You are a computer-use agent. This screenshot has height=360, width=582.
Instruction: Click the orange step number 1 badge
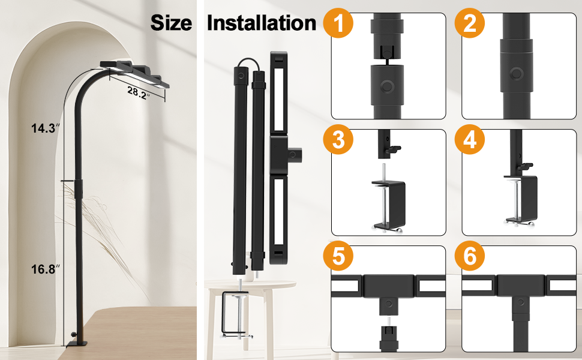338,23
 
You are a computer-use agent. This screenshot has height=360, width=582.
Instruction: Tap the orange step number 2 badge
470,23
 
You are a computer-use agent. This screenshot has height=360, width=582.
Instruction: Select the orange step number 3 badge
338,140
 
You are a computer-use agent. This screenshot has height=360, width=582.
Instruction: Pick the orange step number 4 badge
470,140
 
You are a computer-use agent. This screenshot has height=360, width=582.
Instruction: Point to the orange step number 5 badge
338,256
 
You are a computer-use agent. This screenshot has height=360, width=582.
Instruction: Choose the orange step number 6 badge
470,256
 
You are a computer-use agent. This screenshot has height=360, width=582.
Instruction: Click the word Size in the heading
171,23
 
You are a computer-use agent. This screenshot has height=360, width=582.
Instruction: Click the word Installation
262,23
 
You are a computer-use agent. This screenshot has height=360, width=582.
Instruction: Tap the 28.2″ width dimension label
138,93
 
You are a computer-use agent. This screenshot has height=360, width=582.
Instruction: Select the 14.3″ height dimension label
45,128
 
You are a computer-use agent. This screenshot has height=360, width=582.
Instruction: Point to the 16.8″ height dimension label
45,269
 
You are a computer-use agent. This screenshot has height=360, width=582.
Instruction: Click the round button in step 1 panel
387,87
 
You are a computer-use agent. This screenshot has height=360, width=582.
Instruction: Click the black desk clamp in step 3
388,205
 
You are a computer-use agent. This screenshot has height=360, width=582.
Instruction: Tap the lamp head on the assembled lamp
134,74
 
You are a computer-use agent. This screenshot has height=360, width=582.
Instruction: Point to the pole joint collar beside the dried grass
79,188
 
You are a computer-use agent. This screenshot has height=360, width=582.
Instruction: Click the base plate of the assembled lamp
76,344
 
